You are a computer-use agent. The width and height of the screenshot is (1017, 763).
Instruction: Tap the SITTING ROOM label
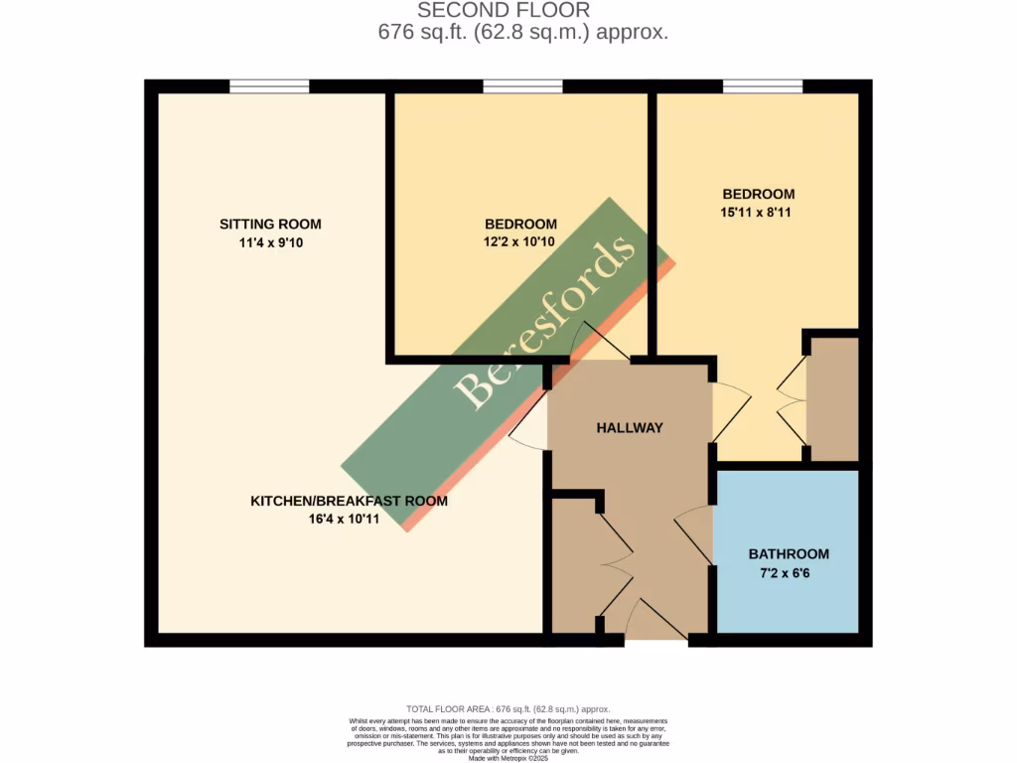coord(270,224)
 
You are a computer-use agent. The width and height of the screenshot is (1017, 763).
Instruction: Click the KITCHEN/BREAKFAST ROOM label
coord(349,501)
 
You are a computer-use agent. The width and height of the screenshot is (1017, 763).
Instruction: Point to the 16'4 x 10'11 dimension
coord(349,519)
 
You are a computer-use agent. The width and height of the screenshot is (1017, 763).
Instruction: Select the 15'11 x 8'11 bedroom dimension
coord(758,212)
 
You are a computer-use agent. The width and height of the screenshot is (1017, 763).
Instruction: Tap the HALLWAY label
coord(629,427)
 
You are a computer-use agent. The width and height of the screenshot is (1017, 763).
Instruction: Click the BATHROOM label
coord(789,553)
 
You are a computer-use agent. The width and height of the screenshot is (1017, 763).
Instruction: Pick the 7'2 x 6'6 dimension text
coord(789,572)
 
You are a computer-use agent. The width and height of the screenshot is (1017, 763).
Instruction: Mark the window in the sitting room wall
coord(269,86)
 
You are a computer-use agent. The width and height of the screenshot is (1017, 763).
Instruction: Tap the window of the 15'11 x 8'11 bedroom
coord(763,86)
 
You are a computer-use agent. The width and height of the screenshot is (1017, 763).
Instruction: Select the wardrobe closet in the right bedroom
coord(832,399)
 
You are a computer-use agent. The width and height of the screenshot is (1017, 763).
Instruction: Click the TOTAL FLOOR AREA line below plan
coord(508,708)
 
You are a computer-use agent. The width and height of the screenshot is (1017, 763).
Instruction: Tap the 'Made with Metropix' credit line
coord(508,758)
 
